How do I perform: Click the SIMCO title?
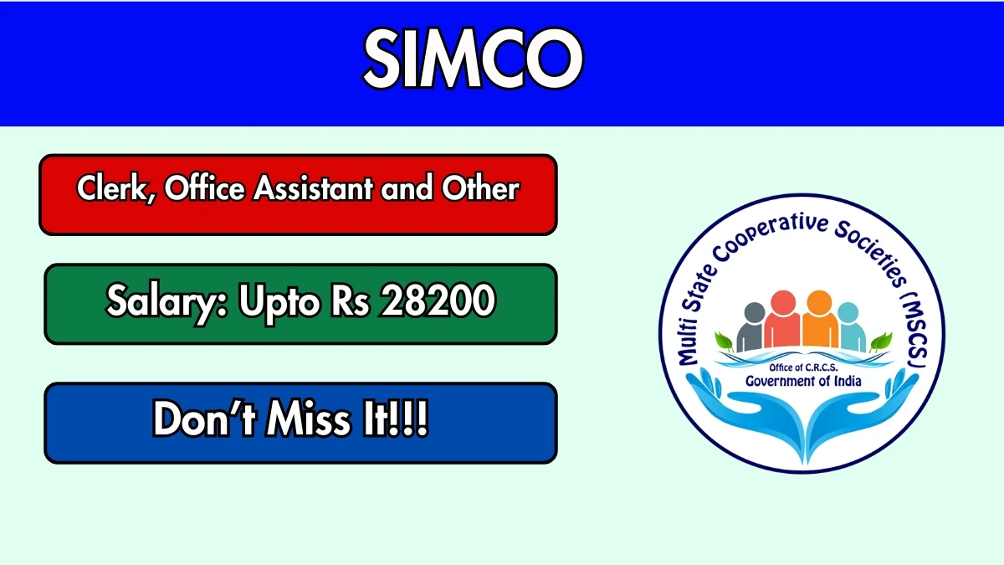click(473, 59)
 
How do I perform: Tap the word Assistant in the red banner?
click(313, 187)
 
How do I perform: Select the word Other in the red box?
click(480, 187)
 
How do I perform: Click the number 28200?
click(438, 300)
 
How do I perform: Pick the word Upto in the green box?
click(280, 302)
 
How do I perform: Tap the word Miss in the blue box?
click(308, 419)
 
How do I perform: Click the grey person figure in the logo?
click(751, 327)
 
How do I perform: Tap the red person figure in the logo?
click(782, 319)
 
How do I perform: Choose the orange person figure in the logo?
click(820, 319)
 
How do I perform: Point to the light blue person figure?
click(851, 327)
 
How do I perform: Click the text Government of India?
click(803, 381)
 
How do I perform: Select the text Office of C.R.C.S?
click(803, 367)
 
